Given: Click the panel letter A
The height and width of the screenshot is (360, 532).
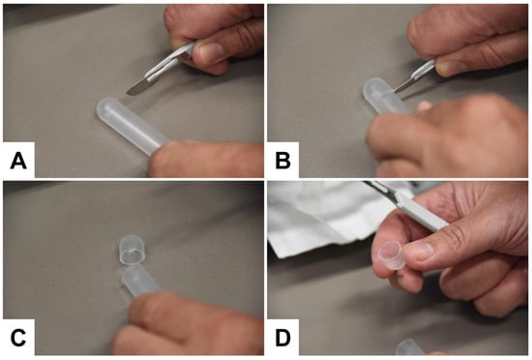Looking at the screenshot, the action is (x=18, y=161).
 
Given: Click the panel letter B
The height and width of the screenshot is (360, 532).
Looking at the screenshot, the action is (x=283, y=161).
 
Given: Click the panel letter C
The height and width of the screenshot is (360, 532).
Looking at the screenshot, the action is (x=18, y=338).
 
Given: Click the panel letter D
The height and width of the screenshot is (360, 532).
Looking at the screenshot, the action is (x=283, y=338).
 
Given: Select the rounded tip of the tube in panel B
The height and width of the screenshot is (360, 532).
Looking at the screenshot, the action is (x=371, y=88).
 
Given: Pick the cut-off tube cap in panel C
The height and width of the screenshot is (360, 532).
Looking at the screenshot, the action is (x=133, y=250).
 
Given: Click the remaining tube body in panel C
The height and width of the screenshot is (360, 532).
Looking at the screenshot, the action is (x=141, y=282).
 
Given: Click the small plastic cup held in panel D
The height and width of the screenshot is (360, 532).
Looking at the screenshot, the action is (x=391, y=255).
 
